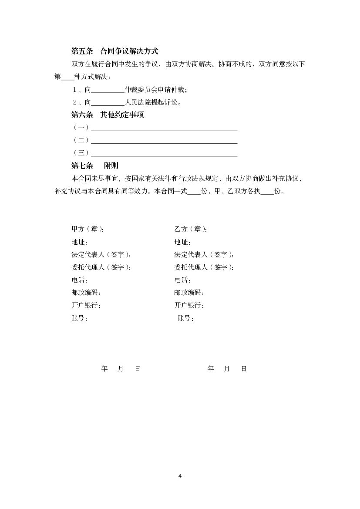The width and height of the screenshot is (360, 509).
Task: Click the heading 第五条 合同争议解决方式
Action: pos(114,51)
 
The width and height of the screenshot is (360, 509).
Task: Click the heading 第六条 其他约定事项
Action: pos(108,115)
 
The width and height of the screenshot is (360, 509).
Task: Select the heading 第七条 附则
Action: pos(94,165)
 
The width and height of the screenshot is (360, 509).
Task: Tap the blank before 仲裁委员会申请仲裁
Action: pos(108,90)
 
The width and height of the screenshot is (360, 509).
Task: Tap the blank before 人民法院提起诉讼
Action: pos(108,103)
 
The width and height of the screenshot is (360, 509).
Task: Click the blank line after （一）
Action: pos(164,128)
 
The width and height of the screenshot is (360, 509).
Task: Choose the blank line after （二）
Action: pos(164,141)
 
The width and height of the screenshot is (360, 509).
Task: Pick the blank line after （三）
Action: pos(164,153)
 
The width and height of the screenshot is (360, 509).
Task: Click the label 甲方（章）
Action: pos(87,229)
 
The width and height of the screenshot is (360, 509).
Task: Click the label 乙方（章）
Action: pos(190,229)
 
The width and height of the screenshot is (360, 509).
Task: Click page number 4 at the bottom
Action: pos(180,475)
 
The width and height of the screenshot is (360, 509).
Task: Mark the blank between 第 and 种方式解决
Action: pos(68,78)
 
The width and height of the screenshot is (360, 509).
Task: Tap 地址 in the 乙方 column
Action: pos(182,242)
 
